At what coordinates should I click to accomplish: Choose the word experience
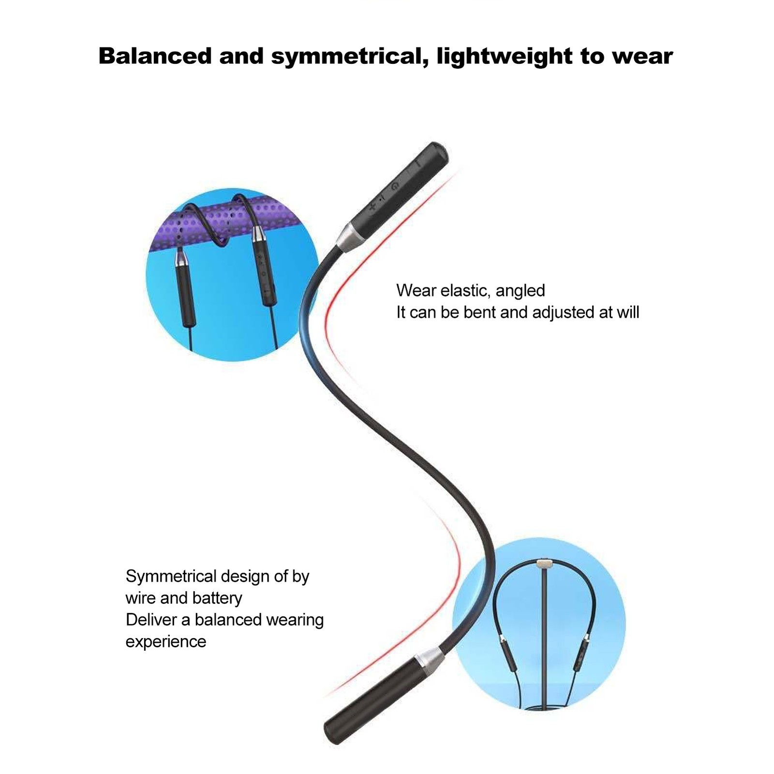coord(166,641)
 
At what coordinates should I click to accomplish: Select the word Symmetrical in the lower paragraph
coord(170,576)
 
